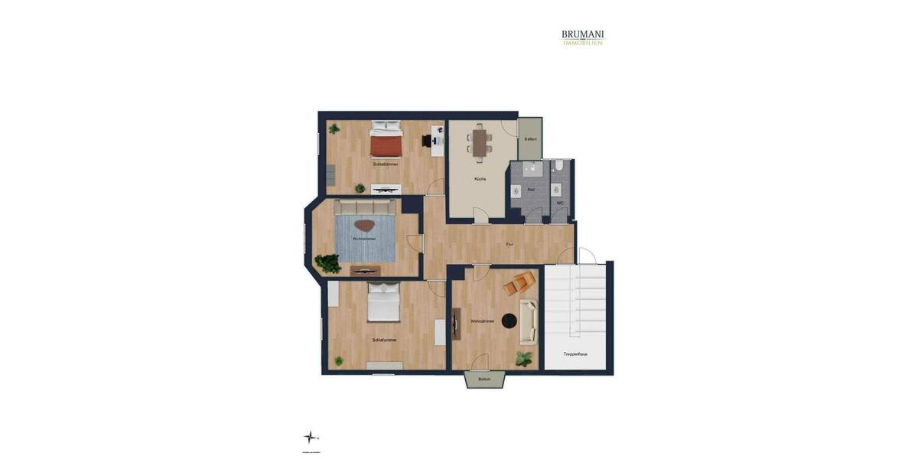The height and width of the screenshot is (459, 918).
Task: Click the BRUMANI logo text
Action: coord(582,34)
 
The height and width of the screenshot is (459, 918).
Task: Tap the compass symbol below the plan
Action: coord(310,437)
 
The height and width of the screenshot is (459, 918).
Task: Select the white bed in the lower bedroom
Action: coord(383,302)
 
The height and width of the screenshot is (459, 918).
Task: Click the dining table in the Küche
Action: coord(480,142)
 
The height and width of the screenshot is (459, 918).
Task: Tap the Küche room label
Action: coord(480,179)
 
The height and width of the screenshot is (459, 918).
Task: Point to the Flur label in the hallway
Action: coord(509,244)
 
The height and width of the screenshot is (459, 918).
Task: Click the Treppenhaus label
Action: coord(575,354)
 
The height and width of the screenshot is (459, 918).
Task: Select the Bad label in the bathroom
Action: coord(530,189)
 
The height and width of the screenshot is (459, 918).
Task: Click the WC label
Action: coord(560,203)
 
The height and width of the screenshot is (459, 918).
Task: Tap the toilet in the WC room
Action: coord(559,165)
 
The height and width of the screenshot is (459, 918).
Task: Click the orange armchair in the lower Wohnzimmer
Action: coord(520,284)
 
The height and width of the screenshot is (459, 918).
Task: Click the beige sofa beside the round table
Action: coord(529,322)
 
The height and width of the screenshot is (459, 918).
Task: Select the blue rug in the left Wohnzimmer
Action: coord(365,238)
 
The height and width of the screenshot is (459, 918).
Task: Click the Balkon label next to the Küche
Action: coord(530,139)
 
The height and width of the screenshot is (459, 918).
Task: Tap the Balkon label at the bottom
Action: coord(484,379)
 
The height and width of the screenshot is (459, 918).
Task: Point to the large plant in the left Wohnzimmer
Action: coord(329,263)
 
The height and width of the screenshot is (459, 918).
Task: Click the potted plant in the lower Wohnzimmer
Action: coord(524,358)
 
